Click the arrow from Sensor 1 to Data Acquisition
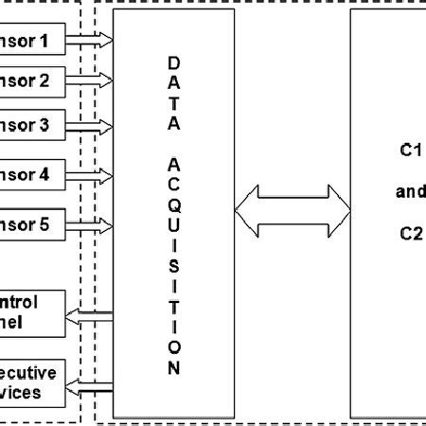(89, 40)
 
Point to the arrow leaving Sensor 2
(89, 81)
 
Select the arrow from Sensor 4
(89, 175)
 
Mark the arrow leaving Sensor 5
(89, 225)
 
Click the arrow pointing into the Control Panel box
(89, 315)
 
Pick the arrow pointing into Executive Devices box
(89, 386)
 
